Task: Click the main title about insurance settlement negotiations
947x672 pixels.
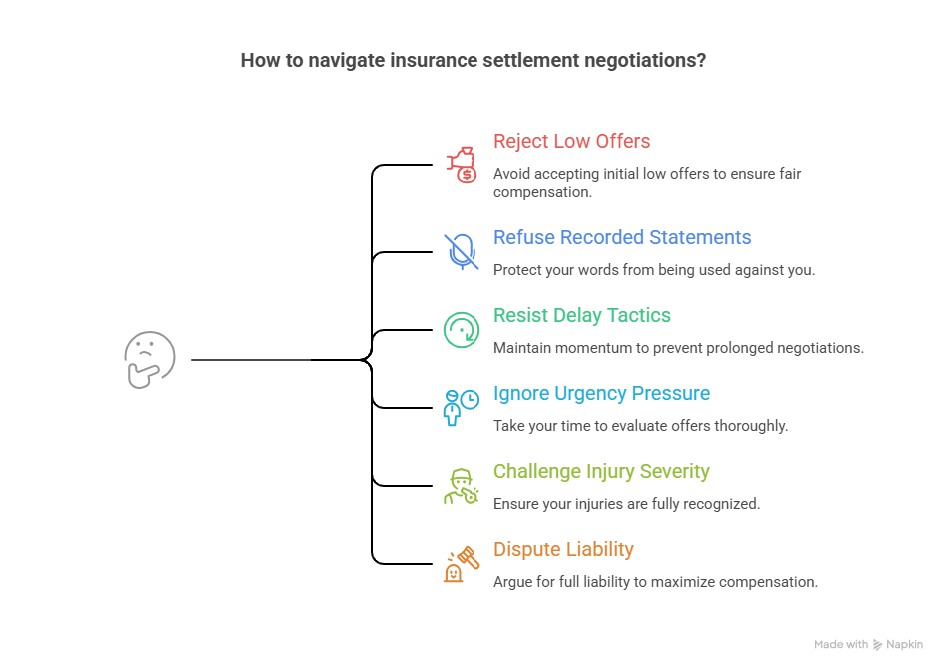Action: click(x=473, y=60)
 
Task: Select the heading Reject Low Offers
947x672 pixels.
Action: click(x=571, y=142)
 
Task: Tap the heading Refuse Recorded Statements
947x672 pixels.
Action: click(x=622, y=238)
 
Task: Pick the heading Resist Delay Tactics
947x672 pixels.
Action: click(x=582, y=316)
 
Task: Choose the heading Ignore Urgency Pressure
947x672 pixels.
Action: click(x=601, y=394)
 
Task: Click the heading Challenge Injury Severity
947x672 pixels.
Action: click(x=601, y=472)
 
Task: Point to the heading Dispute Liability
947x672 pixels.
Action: click(x=563, y=550)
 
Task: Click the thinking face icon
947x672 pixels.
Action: click(x=150, y=359)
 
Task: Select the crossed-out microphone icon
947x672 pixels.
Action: click(x=461, y=251)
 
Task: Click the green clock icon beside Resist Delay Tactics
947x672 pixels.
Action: click(x=461, y=329)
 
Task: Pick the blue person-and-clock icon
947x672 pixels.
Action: click(x=461, y=407)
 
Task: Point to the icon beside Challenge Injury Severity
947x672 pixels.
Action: click(x=461, y=485)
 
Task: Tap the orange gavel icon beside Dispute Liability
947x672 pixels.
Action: click(x=461, y=563)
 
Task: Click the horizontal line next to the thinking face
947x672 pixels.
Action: click(x=250, y=359)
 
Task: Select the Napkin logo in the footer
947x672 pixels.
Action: click(x=878, y=645)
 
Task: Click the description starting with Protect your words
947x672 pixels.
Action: click(x=653, y=270)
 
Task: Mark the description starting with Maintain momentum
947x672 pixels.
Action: click(x=678, y=348)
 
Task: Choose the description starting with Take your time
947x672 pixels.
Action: click(x=640, y=426)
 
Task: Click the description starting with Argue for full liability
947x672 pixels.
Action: click(x=655, y=582)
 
